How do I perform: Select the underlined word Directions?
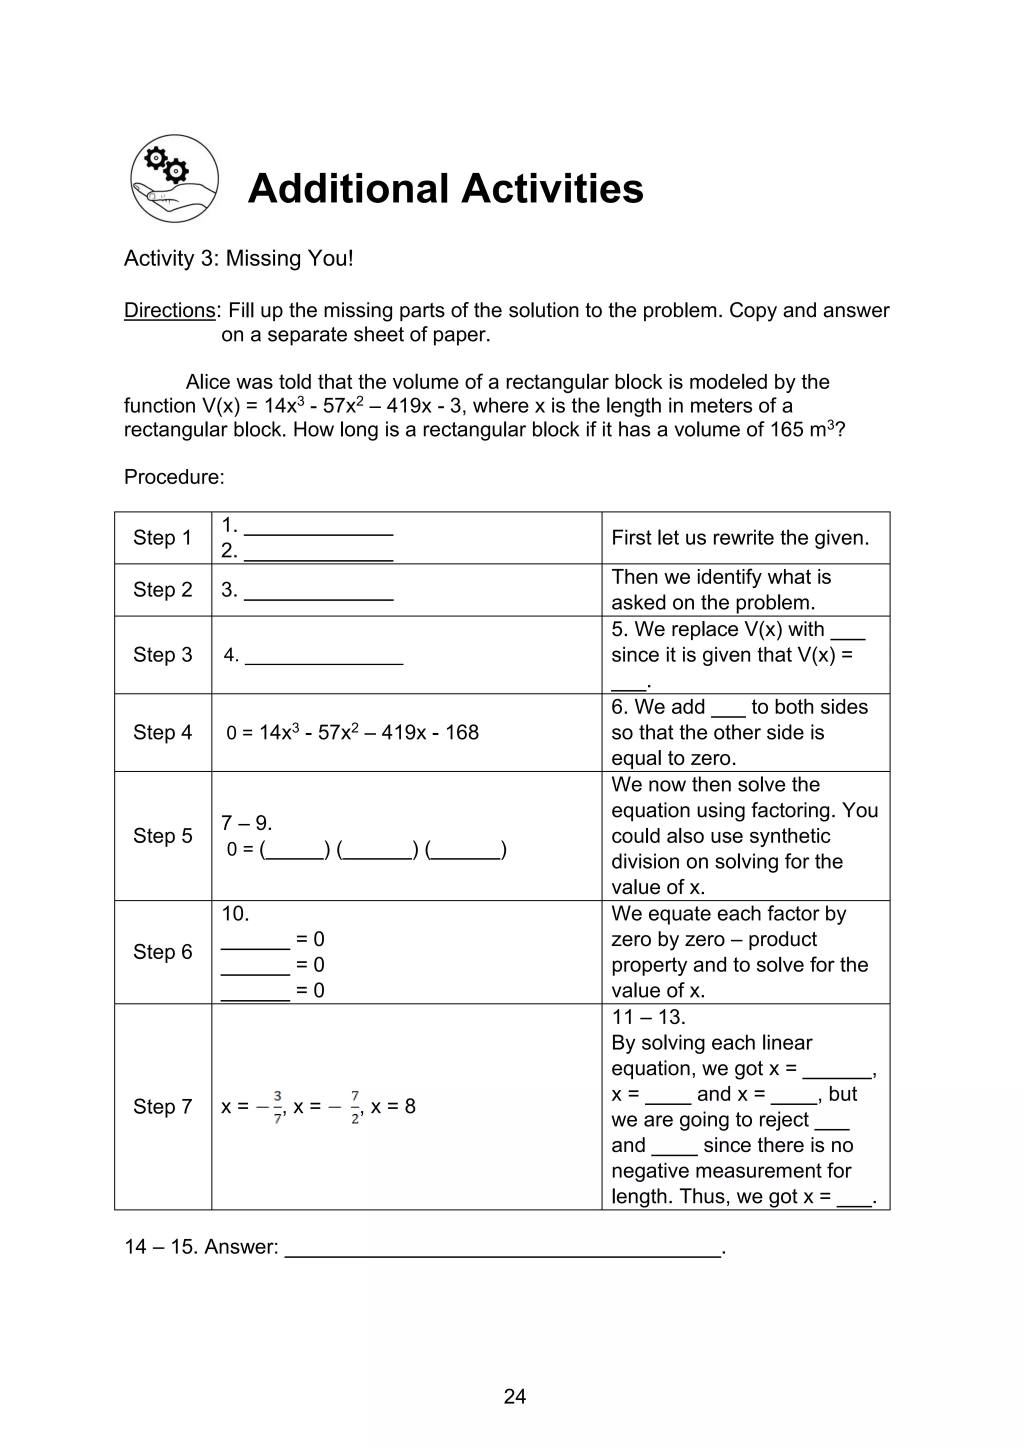click(169, 310)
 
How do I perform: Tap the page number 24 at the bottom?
click(514, 1396)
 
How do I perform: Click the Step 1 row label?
click(162, 537)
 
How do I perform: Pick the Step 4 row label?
click(162, 732)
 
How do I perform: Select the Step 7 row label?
click(162, 1106)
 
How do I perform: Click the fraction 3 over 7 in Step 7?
click(277, 1107)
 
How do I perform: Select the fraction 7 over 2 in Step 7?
click(355, 1107)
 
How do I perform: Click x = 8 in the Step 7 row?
click(393, 1106)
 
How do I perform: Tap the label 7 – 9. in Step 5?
click(246, 823)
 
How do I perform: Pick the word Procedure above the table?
click(173, 476)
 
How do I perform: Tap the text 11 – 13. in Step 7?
click(648, 1016)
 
